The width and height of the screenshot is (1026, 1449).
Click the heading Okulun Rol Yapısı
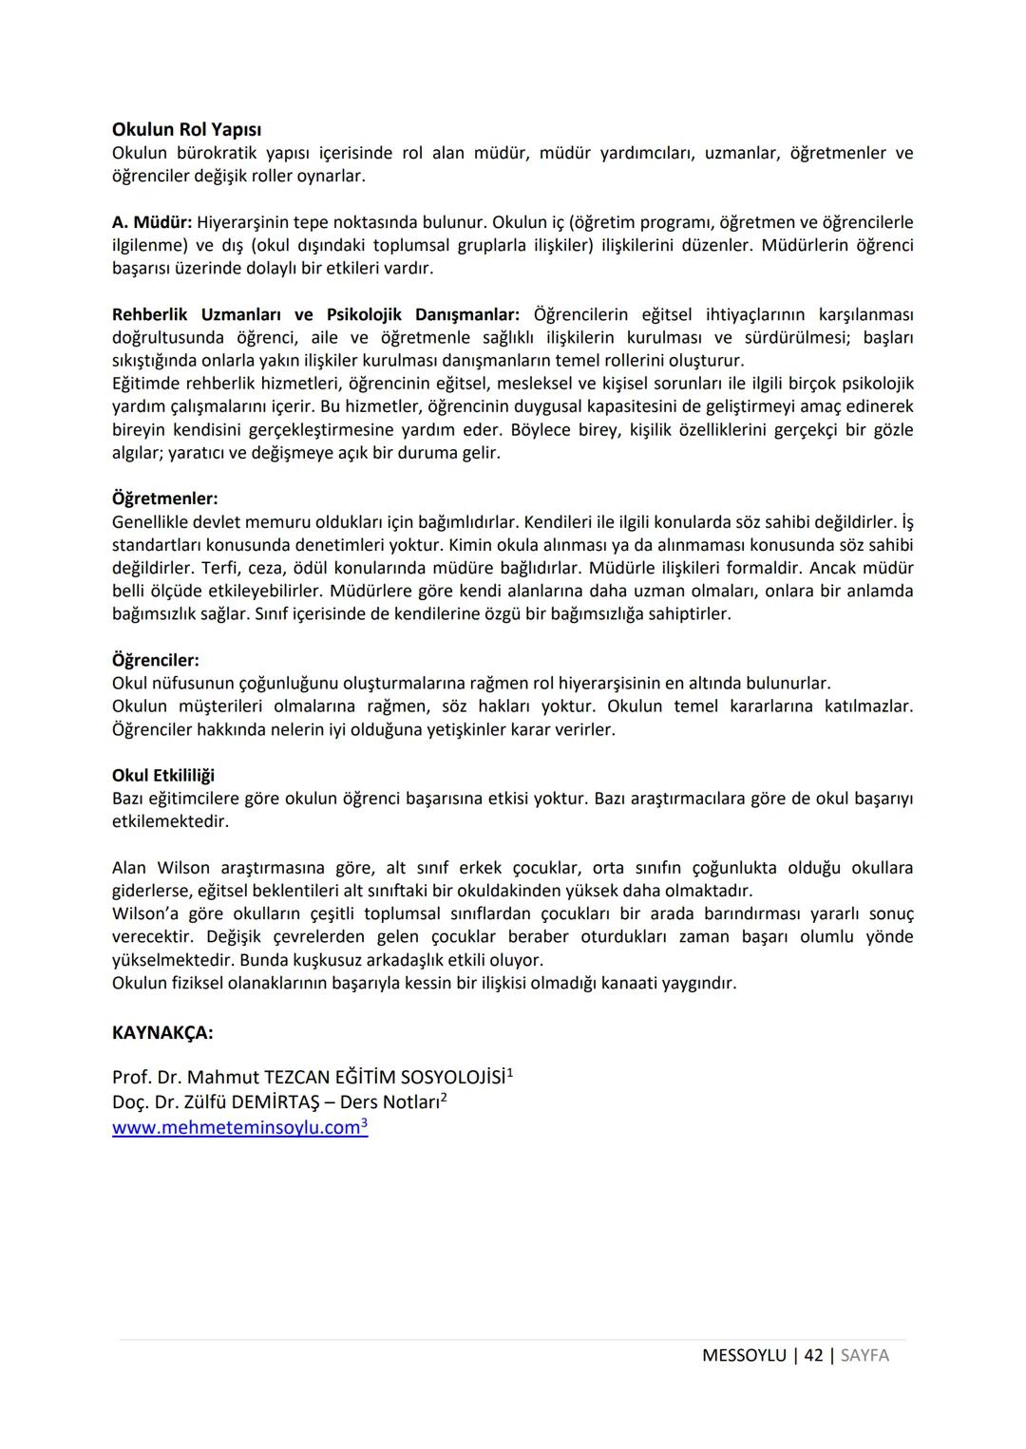point(186,129)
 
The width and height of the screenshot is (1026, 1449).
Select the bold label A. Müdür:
point(151,222)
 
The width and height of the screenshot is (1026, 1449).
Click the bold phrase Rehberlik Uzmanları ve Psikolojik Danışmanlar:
point(315,314)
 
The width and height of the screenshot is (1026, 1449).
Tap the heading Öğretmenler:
point(164,499)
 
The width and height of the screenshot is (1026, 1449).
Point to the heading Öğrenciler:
point(155,660)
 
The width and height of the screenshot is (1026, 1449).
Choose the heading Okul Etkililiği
point(162,776)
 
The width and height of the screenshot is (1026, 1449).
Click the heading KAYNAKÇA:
point(162,1032)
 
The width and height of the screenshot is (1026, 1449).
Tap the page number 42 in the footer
point(813,1356)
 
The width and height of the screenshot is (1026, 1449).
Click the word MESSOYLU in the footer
point(744,1356)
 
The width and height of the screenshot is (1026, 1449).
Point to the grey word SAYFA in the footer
point(864,1356)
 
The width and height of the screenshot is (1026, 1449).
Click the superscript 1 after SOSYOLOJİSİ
point(510,1073)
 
